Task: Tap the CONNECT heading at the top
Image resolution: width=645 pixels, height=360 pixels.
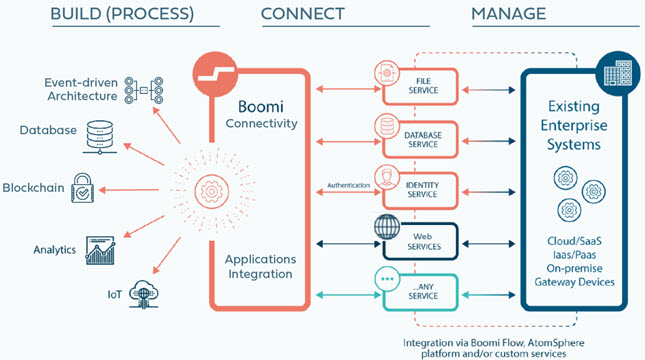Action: coord(302,15)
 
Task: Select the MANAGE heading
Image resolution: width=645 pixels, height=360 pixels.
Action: coord(508,15)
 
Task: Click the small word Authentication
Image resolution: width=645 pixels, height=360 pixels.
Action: coord(348,186)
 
